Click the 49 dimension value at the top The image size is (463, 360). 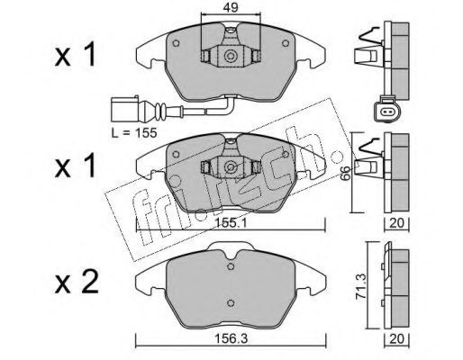pyautogui.click(x=231, y=8)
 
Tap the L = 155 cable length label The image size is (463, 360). pyautogui.click(x=134, y=132)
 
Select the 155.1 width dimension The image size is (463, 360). pyautogui.click(x=231, y=223)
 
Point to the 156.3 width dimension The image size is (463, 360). pyautogui.click(x=231, y=339)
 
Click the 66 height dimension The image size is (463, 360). pyautogui.click(x=346, y=173)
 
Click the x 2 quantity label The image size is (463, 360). pyautogui.click(x=77, y=283)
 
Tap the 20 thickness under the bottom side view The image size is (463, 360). pyautogui.click(x=396, y=339)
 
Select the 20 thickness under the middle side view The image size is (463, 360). pyautogui.click(x=396, y=223)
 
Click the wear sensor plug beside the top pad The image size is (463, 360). pyautogui.click(x=124, y=109)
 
